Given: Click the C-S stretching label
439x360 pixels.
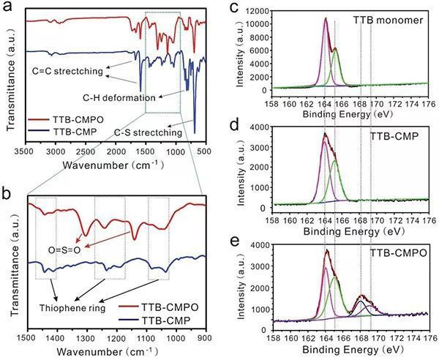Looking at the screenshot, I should coord(149,132).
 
